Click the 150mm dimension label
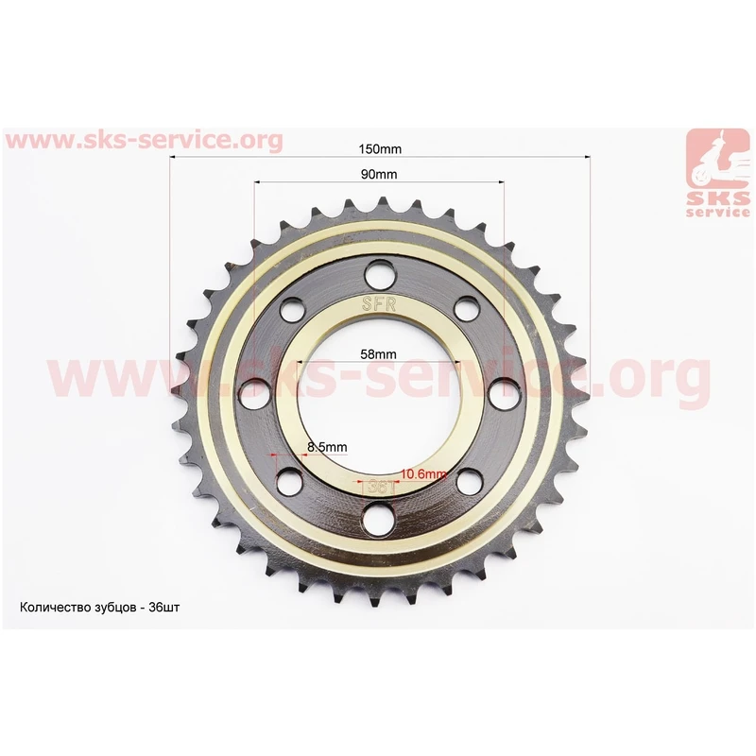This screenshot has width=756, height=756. tap(380, 149)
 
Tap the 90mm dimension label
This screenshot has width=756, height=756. tap(379, 174)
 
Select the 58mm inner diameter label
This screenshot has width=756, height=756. tap(379, 353)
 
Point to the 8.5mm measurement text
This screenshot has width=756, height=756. tap(327, 447)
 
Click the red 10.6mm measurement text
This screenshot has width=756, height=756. tap(423, 474)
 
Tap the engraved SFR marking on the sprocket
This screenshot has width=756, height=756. tap(379, 303)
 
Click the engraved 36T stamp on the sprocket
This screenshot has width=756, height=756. tap(381, 487)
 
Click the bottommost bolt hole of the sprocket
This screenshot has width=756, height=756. tap(377, 519)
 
